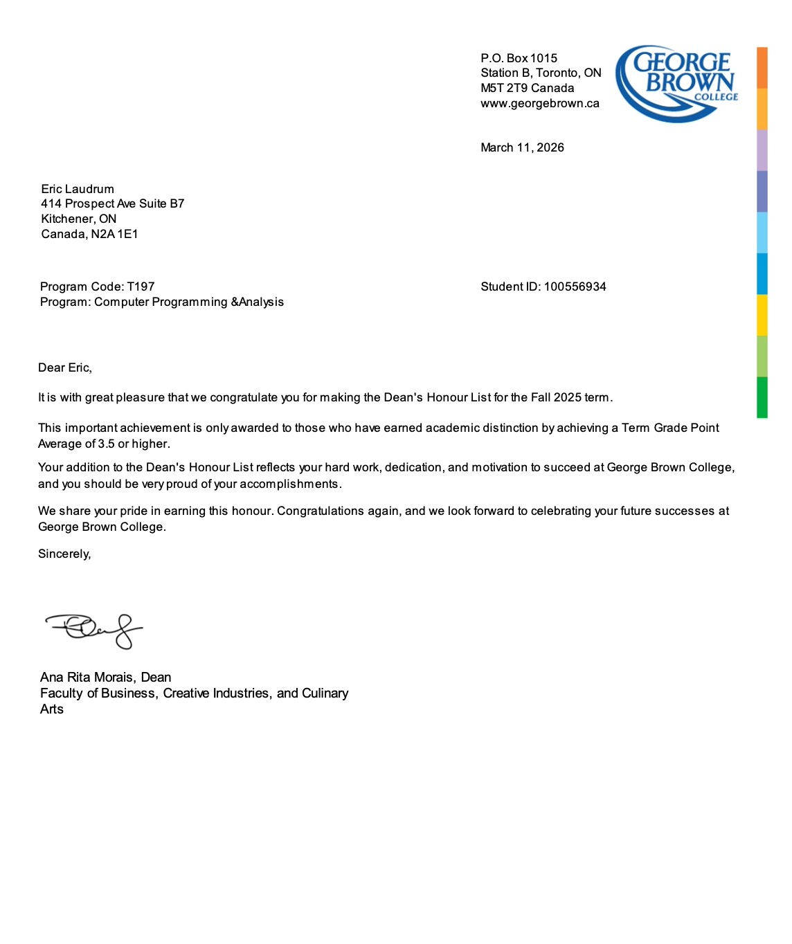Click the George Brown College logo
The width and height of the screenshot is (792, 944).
pyautogui.click(x=676, y=84)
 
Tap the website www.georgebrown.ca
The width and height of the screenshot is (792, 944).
pyautogui.click(x=540, y=104)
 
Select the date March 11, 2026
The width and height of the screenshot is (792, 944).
pyautogui.click(x=522, y=147)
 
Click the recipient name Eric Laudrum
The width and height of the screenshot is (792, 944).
pyautogui.click(x=78, y=189)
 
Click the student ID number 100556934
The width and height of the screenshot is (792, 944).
pyautogui.click(x=575, y=287)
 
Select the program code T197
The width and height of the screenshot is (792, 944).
pyautogui.click(x=141, y=287)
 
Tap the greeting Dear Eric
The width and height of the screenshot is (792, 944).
pyautogui.click(x=64, y=367)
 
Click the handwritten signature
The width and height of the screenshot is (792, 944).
pyautogui.click(x=94, y=630)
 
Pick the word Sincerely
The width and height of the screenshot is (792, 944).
pyautogui.click(x=64, y=554)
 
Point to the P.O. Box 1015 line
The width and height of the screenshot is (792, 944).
pyautogui.click(x=519, y=58)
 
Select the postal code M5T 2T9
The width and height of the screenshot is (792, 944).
pyautogui.click(x=503, y=88)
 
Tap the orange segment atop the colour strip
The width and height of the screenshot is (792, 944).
pyautogui.click(x=762, y=67)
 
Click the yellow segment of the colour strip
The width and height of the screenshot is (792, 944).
pyautogui.click(x=762, y=315)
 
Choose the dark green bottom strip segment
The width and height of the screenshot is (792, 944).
pyautogui.click(x=762, y=397)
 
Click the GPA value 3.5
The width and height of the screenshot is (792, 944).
pyautogui.click(x=107, y=444)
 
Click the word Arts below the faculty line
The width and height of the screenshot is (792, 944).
pyautogui.click(x=52, y=709)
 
